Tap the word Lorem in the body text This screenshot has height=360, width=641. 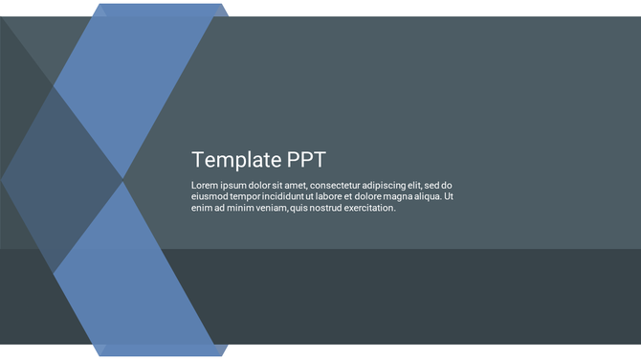point(206,186)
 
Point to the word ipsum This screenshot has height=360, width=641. point(237,186)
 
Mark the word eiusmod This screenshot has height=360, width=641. point(209,196)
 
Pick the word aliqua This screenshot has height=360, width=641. point(429,196)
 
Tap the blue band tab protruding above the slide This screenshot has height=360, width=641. point(161,10)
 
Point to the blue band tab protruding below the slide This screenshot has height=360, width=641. point(161,350)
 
